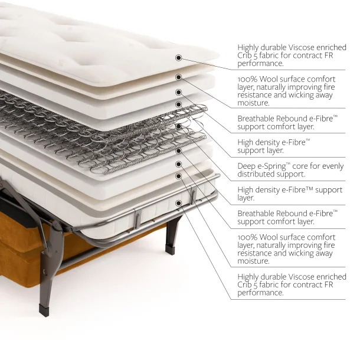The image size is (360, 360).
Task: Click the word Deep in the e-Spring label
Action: (x=245, y=166)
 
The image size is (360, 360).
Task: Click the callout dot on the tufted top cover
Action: (x=178, y=58)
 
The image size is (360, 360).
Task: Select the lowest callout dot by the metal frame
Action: (x=178, y=203)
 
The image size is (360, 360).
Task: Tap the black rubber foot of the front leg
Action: (x=44, y=310)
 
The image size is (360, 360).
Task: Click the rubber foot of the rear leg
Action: (x=171, y=250)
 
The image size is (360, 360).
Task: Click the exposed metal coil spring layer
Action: (x=103, y=133)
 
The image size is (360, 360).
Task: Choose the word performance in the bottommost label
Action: (x=260, y=293)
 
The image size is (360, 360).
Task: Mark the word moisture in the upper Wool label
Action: (x=253, y=103)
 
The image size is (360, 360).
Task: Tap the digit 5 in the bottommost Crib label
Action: (x=255, y=285)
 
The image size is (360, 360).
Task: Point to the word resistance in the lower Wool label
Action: (x=254, y=253)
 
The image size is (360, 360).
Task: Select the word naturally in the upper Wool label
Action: (x=270, y=87)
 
